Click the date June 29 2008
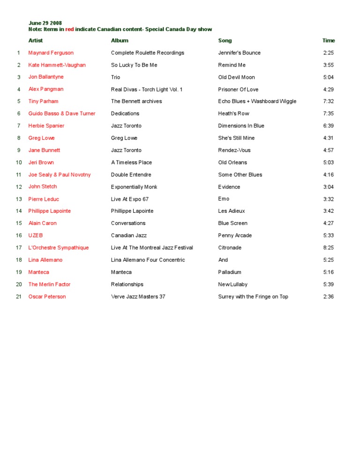click(x=45, y=23)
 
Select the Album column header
click(x=120, y=41)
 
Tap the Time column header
click(x=329, y=41)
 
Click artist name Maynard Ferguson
click(x=51, y=53)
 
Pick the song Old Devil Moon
click(x=236, y=77)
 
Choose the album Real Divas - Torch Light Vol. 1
click(x=147, y=90)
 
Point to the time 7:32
click(x=328, y=102)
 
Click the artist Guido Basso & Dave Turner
click(x=62, y=114)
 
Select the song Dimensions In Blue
click(x=241, y=126)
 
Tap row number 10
click(x=19, y=163)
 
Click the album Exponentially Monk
click(x=134, y=187)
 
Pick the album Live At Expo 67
click(x=130, y=199)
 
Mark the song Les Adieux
click(x=232, y=211)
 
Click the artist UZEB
click(x=36, y=236)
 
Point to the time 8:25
click(x=328, y=248)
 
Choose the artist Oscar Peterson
click(x=47, y=297)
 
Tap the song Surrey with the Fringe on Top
click(x=253, y=297)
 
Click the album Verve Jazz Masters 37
click(x=138, y=297)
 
